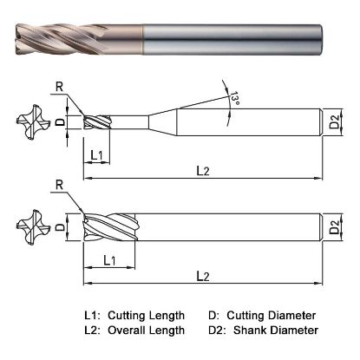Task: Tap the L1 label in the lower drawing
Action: (109, 259)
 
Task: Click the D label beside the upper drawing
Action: (60, 121)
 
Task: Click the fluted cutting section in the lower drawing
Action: (108, 229)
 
